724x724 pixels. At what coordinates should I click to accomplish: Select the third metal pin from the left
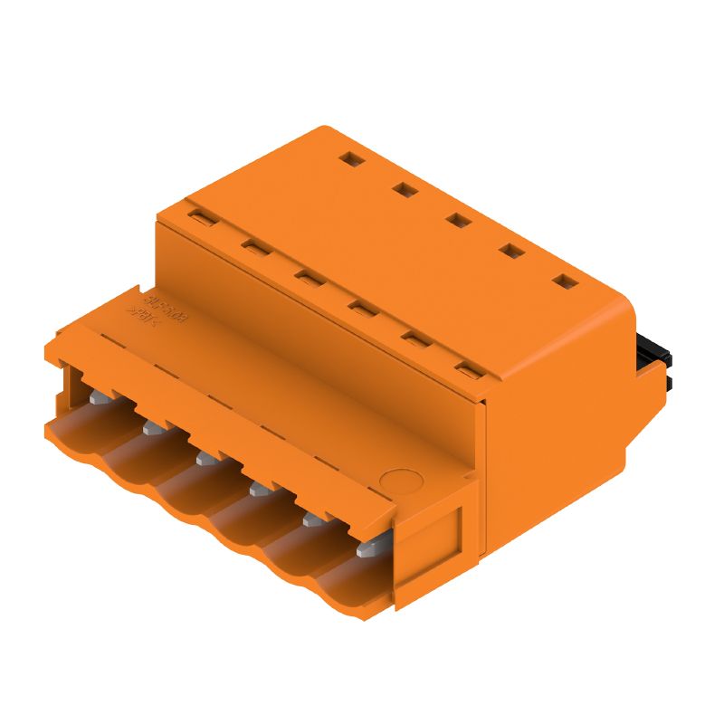coord(205,458)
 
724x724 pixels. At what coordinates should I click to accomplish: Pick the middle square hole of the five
coord(458,219)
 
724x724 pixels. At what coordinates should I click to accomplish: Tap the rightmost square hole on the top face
coord(566,281)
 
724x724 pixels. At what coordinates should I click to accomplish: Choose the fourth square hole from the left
coord(512,251)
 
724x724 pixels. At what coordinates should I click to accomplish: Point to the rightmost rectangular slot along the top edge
coord(468,368)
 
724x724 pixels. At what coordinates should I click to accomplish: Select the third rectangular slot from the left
coord(305,277)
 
